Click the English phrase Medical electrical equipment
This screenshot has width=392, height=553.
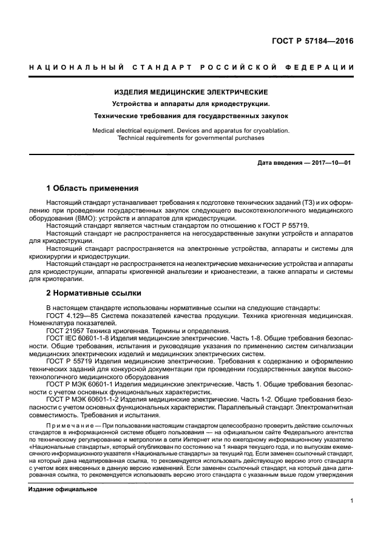coord(146,130)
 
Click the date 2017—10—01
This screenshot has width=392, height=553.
coord(331,163)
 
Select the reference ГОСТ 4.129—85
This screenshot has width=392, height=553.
coord(72,316)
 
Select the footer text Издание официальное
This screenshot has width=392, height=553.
coord(63,488)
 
